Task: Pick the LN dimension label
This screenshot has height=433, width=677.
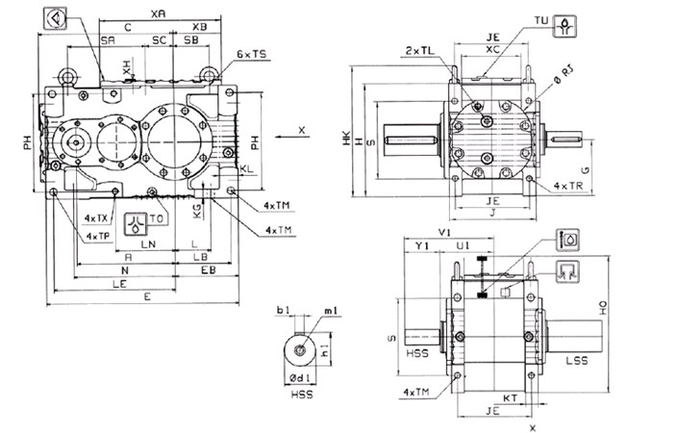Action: coord(150,245)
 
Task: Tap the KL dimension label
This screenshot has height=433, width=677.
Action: coord(247,168)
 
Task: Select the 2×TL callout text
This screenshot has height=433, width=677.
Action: coord(419,50)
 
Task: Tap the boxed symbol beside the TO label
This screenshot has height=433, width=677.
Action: coord(135,219)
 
